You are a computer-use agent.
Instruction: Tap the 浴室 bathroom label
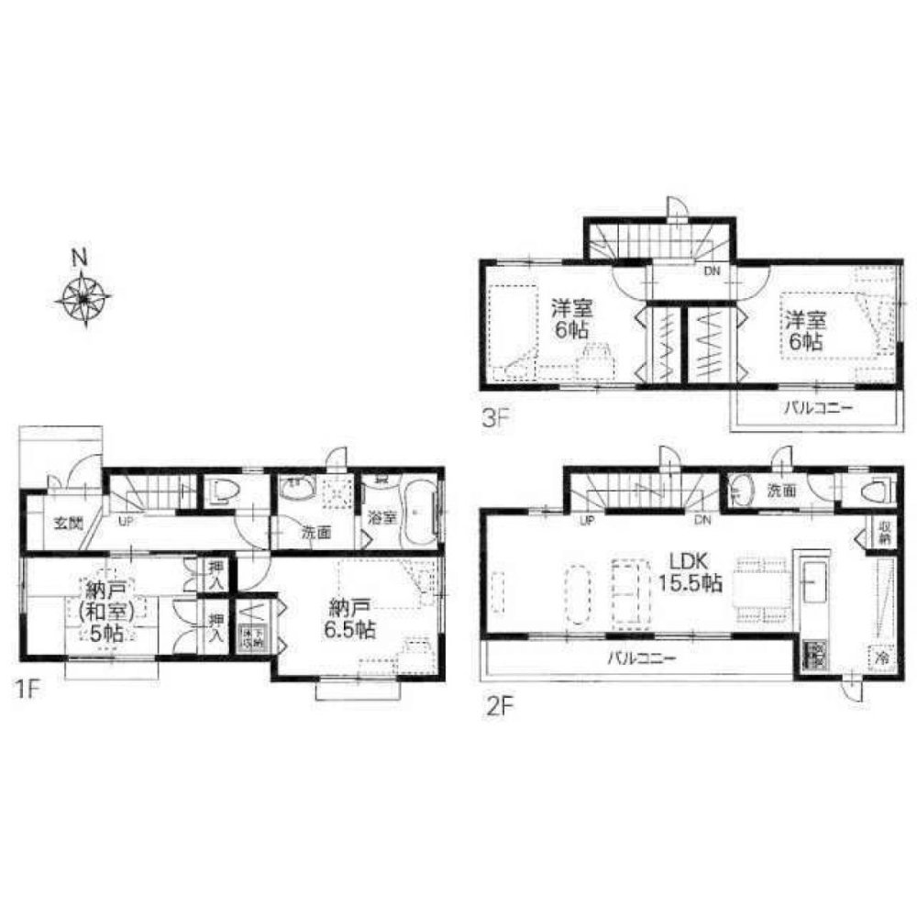382,517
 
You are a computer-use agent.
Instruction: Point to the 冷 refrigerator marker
881,657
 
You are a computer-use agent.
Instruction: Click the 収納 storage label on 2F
884,533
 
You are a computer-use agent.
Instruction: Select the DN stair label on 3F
712,271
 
